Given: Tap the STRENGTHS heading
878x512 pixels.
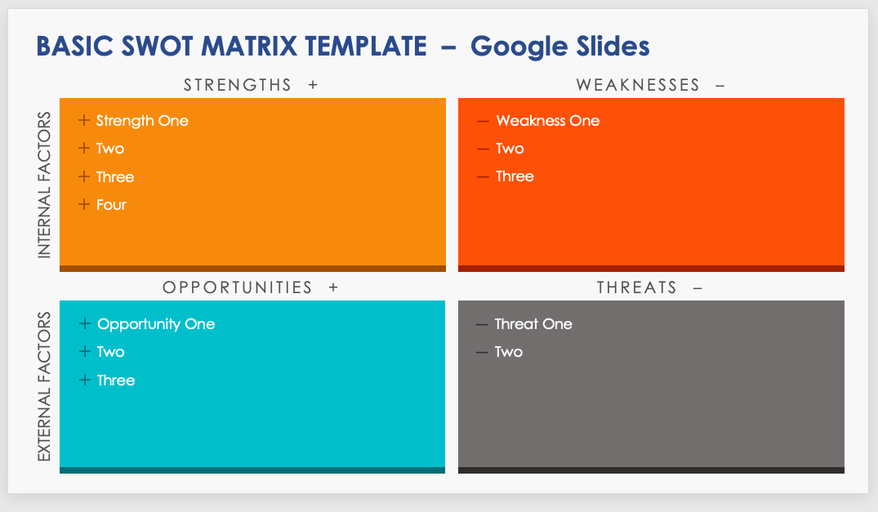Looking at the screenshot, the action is (x=238, y=85).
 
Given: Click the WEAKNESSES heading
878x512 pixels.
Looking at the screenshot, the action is (x=638, y=85).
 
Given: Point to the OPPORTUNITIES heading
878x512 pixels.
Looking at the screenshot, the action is (x=238, y=287).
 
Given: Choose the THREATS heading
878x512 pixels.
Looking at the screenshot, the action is (x=637, y=287).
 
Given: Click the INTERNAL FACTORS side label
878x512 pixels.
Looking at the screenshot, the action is (x=44, y=185).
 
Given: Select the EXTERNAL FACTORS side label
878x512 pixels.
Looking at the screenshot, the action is (x=44, y=387).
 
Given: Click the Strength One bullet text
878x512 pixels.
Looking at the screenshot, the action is (x=142, y=121).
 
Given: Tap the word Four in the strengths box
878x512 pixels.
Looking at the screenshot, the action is (x=111, y=205).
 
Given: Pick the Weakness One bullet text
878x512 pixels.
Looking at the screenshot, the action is (x=548, y=121).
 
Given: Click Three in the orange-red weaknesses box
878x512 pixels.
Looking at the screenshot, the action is (x=515, y=176).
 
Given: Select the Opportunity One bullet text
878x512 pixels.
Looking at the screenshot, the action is (x=156, y=324).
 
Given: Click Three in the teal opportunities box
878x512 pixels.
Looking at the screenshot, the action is (x=116, y=381).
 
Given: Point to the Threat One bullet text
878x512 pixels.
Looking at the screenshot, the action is (x=533, y=324).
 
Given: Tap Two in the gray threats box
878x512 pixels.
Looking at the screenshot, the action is (x=509, y=352).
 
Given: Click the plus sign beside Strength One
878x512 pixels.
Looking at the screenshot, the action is (x=84, y=120).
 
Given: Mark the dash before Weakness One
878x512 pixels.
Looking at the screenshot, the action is (x=483, y=122).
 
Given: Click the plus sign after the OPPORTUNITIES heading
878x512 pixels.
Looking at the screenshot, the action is (x=334, y=287).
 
